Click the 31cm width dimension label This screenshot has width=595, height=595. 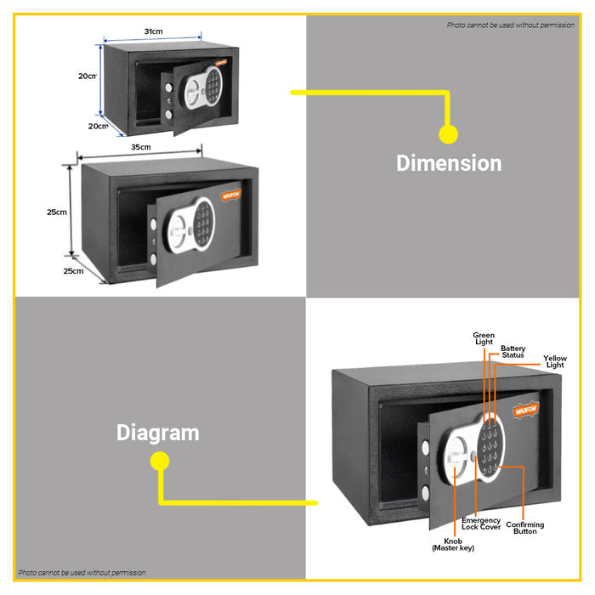[153, 31]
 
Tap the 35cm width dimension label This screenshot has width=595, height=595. [140, 147]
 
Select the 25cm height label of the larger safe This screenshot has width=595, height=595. [57, 212]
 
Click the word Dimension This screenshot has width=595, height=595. [449, 163]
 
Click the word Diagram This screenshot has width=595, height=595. [158, 433]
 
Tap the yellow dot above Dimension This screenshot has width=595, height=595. [448, 133]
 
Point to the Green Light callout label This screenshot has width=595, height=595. [484, 338]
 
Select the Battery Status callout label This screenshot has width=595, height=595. [513, 351]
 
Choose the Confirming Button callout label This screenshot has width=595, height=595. [525, 528]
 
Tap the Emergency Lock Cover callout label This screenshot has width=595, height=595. [481, 524]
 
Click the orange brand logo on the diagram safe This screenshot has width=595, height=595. [525, 409]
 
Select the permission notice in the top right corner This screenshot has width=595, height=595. [510, 25]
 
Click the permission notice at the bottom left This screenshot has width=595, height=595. [82, 573]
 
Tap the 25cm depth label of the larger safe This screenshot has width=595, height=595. [73, 271]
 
